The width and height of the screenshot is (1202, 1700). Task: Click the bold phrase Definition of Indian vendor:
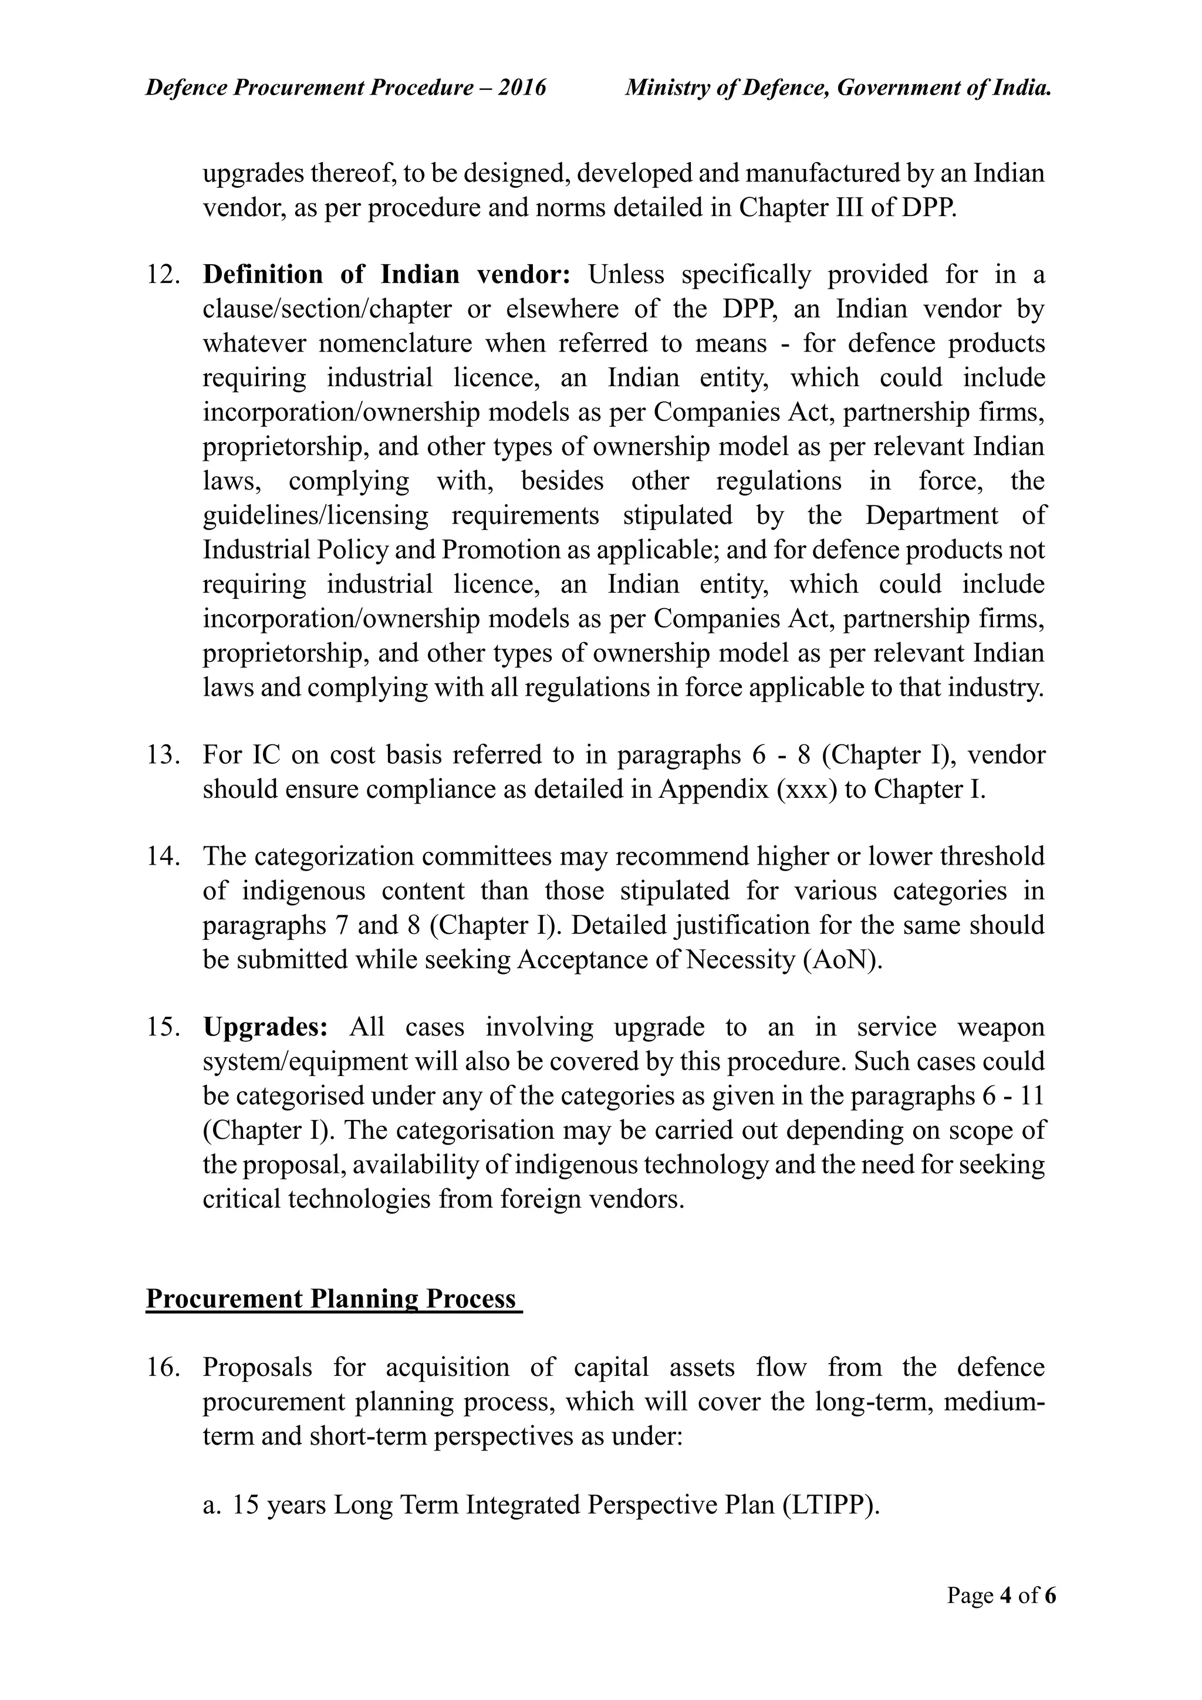click(x=386, y=275)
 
